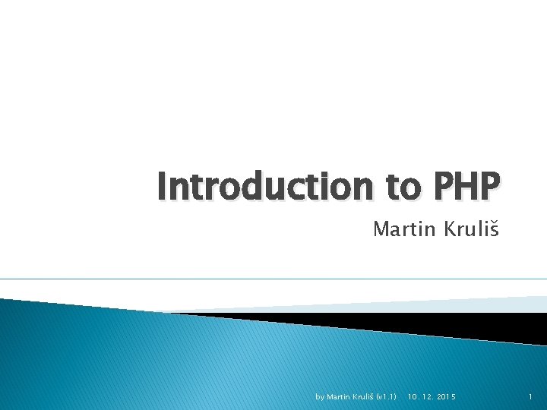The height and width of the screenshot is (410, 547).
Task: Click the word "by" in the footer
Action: click(319, 396)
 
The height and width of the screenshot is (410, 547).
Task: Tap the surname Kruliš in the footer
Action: click(363, 396)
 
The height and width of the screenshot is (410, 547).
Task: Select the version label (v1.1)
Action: click(387, 396)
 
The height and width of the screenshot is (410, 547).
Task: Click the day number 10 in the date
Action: click(413, 396)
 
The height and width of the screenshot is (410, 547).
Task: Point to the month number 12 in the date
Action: click(429, 396)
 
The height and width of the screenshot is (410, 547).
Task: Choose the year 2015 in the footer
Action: click(448, 396)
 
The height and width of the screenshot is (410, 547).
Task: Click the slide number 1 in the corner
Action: click(530, 396)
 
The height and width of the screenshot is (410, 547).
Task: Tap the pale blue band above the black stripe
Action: click(456, 304)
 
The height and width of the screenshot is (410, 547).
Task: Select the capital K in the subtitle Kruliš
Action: click(448, 229)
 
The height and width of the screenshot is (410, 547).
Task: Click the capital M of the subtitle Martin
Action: click(380, 229)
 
